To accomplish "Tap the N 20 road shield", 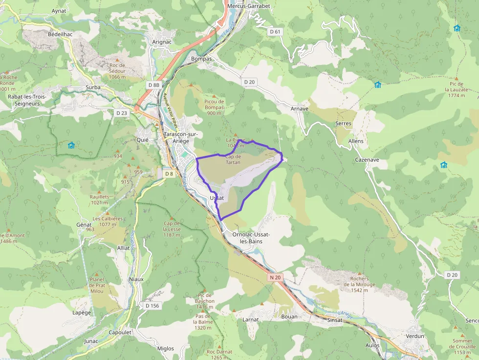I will tap(275, 277).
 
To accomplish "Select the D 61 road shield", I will tap(276, 32).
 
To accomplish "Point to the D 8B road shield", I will tap(153, 85).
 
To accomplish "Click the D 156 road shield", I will tap(152, 306).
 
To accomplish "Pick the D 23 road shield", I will tap(122, 113).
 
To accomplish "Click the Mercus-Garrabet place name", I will tap(249, 6).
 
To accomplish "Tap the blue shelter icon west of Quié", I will tap(71, 145).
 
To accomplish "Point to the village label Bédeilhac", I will tap(60, 35).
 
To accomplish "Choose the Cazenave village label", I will tap(367, 160).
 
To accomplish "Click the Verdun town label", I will tap(415, 337).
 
